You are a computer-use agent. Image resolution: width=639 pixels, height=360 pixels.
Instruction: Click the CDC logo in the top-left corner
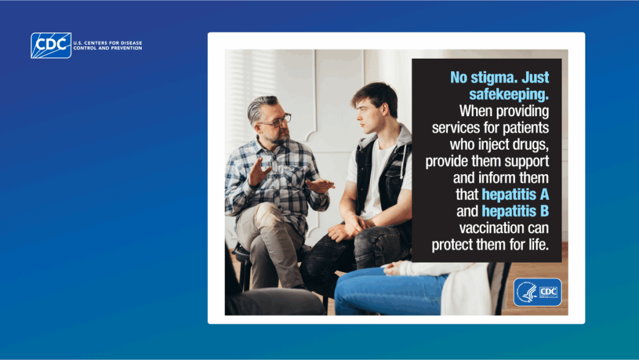click(51, 46)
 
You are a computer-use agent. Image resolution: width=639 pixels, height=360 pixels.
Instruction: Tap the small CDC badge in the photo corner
click(537, 292)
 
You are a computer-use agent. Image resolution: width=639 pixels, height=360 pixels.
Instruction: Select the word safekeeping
click(509, 95)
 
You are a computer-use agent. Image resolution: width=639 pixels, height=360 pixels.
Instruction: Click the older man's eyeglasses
click(275, 121)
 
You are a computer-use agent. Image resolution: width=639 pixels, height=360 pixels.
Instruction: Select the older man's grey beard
click(278, 135)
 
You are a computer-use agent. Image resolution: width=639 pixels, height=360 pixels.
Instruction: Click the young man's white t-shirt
click(375, 181)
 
